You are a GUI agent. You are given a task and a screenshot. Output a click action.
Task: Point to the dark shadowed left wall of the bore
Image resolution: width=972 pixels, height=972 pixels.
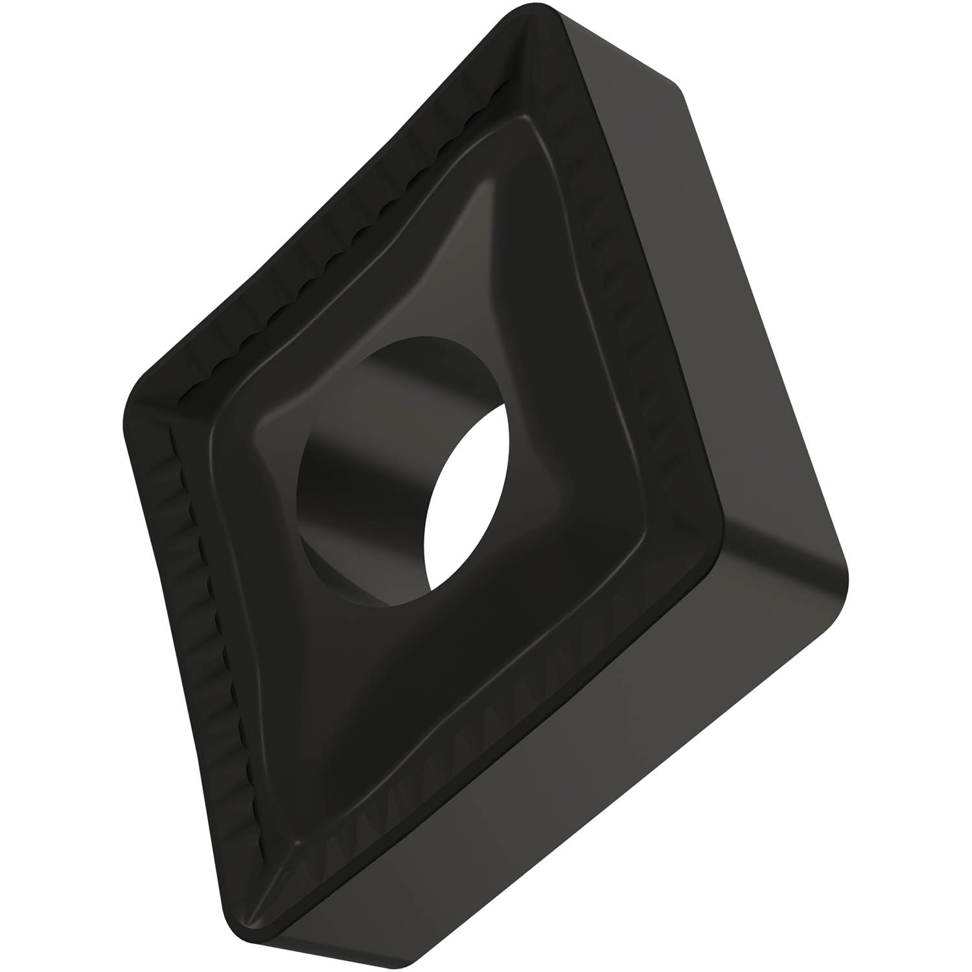click(324, 518)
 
